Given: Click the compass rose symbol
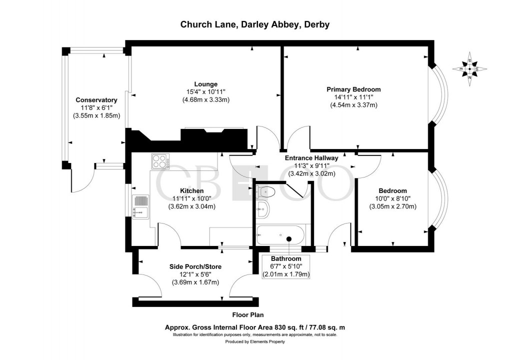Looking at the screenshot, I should pos(469,69).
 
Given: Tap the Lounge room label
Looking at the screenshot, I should pos(206,83).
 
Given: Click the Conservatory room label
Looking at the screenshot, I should pos(96,100).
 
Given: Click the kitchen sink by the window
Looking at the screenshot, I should pos(139,206).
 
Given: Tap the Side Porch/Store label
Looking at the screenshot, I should pos(195,266).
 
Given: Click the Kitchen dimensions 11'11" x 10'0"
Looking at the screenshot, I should pos(192,198).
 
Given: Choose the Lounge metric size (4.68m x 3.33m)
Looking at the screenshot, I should pos(206,99).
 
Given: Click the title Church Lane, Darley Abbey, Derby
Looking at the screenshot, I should pos(254,24).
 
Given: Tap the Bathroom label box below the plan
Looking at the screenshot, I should pos(286,266).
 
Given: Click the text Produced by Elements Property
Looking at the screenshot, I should pos(254,341).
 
